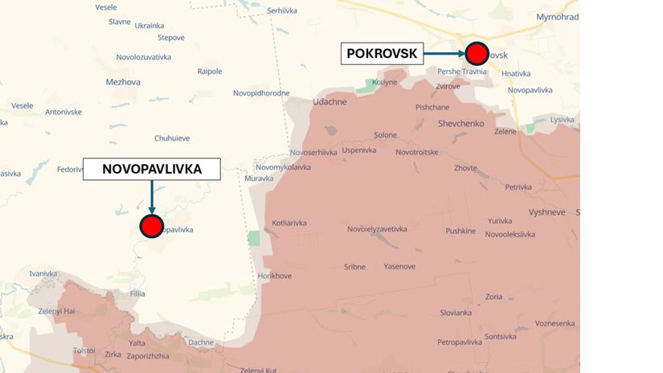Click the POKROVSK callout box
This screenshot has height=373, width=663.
[382, 54]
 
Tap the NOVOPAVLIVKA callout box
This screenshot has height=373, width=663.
[152, 169]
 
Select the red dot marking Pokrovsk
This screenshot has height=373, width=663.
[477, 54]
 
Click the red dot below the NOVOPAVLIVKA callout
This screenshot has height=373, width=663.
[151, 226]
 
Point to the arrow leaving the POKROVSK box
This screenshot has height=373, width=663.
[444, 54]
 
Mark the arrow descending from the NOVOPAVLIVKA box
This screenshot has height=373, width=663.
[152, 195]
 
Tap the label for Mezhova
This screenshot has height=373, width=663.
[123, 82]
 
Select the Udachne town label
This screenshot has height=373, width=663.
[329, 102]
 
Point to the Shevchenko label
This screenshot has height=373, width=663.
[460, 123]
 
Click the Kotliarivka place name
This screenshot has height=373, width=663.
[289, 223]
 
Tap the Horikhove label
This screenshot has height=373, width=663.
[274, 276]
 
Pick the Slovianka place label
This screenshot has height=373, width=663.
[456, 313]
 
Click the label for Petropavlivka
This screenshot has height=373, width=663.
[459, 342]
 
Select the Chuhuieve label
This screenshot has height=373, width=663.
[172, 138]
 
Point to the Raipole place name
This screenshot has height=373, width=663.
[210, 72]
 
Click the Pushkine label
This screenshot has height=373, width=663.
[460, 231]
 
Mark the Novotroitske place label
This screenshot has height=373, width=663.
[416, 152]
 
